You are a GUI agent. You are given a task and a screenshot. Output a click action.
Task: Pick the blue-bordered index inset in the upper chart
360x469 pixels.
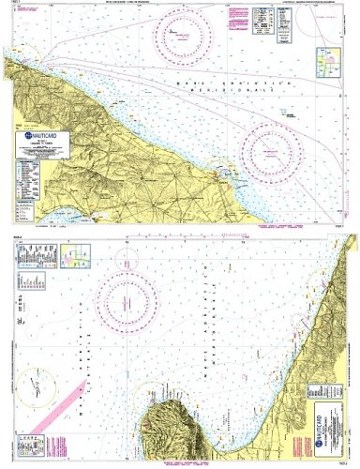click(327, 61)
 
